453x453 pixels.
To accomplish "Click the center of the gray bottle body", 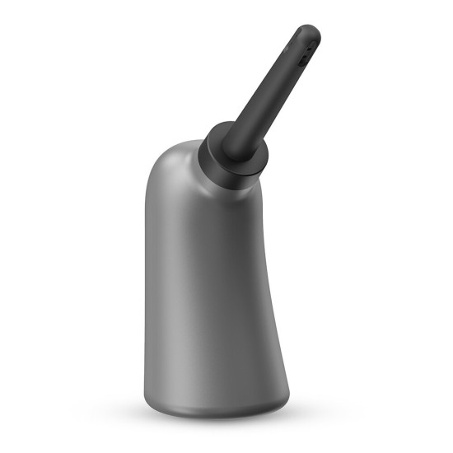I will click(x=214, y=288).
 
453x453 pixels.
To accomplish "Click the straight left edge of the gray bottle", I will click(x=148, y=288).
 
